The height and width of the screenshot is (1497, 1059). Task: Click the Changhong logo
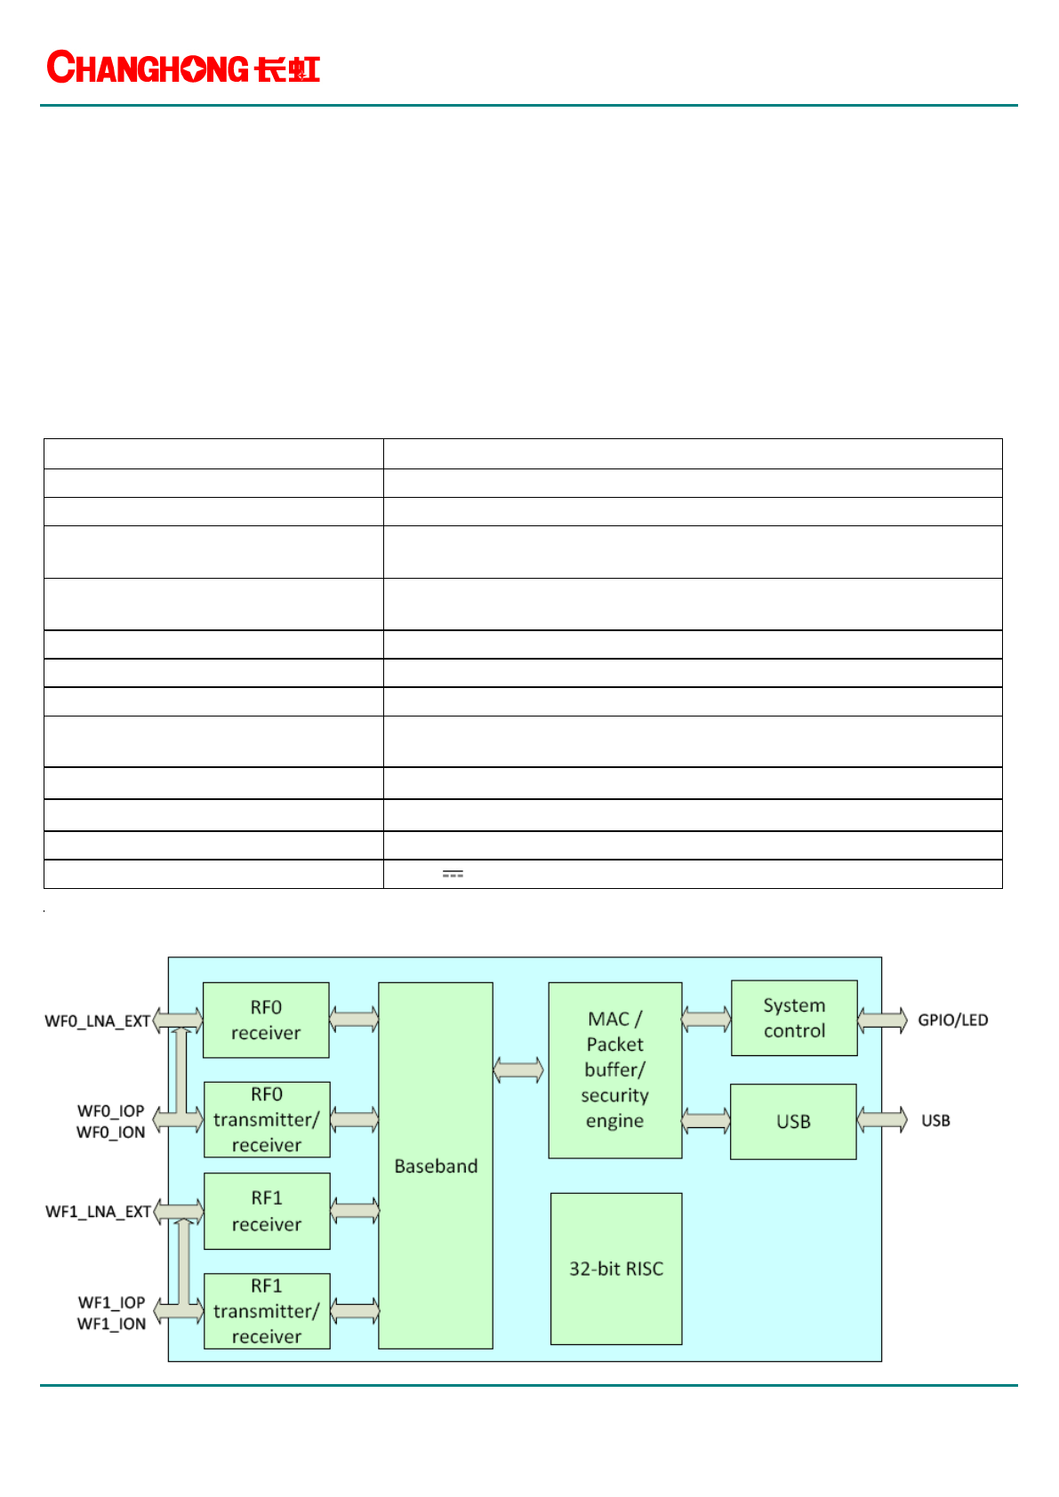(183, 68)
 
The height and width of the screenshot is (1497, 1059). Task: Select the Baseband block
(436, 1165)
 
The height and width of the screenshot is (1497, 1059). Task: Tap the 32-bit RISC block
(616, 1269)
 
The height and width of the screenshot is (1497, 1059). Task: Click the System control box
(794, 1018)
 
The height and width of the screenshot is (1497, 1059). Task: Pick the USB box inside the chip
(793, 1121)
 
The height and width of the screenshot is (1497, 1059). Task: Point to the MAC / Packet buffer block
(615, 1069)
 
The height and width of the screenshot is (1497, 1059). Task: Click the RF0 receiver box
(266, 1020)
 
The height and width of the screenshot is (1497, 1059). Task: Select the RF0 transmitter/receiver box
(267, 1119)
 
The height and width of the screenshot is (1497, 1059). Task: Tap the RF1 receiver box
(267, 1211)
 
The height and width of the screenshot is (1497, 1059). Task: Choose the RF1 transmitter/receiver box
(267, 1311)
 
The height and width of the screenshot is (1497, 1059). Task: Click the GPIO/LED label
(952, 1020)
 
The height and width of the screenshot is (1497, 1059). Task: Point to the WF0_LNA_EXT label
(98, 1021)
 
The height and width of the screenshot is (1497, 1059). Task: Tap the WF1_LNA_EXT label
(98, 1212)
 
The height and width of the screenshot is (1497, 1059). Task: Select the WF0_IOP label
(110, 1111)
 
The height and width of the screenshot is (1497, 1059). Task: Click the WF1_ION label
(111, 1324)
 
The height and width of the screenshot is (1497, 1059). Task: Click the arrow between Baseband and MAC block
(518, 1069)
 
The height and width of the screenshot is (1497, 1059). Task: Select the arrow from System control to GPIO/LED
(882, 1020)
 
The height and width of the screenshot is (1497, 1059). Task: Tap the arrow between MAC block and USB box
(706, 1120)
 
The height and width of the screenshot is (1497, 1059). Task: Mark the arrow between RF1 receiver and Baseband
(355, 1210)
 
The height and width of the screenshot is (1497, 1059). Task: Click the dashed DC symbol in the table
(453, 875)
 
